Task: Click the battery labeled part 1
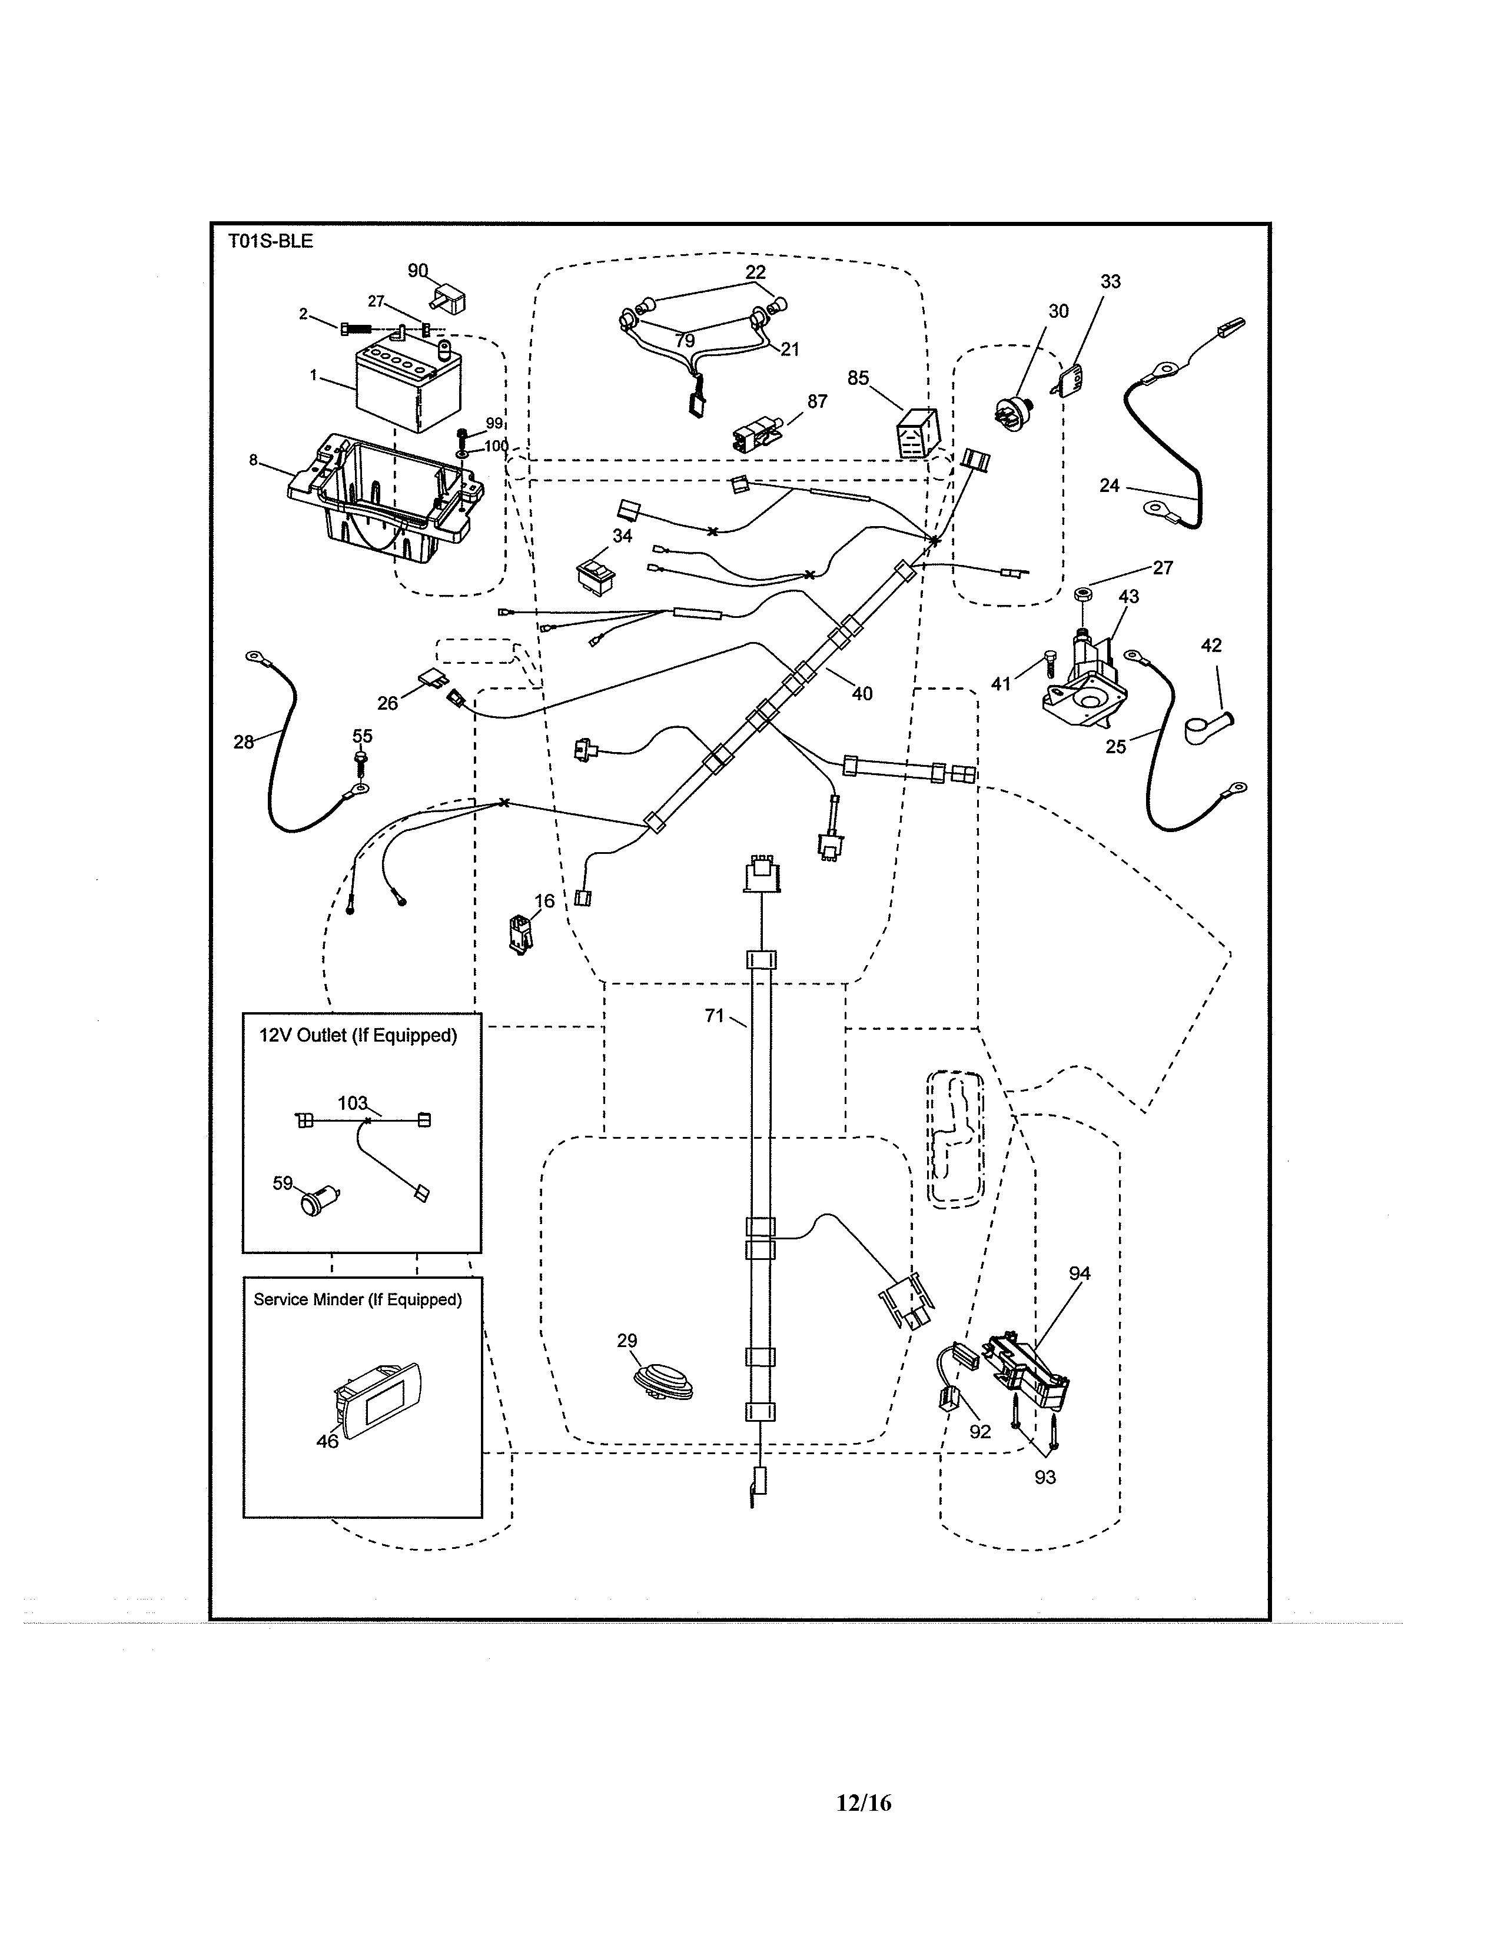(408, 388)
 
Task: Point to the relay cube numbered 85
(916, 433)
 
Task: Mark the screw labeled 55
(361, 759)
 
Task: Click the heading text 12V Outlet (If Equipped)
(357, 1036)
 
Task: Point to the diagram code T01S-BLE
(270, 241)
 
